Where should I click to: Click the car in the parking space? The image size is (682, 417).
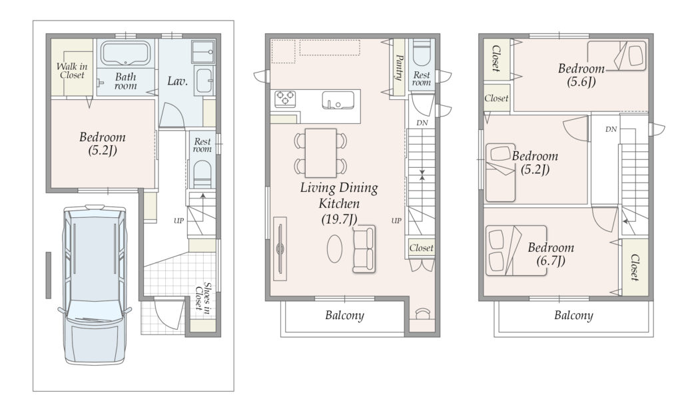pyautogui.click(x=95, y=285)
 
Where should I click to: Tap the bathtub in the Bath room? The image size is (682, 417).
pyautogui.click(x=125, y=53)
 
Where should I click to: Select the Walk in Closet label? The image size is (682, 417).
pyautogui.click(x=72, y=71)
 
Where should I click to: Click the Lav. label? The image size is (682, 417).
pyautogui.click(x=177, y=81)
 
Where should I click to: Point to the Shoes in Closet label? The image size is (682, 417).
pyautogui.click(x=203, y=297)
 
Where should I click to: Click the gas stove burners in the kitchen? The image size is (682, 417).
pyautogui.click(x=285, y=99)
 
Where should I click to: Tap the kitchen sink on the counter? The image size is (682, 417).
pyautogui.click(x=338, y=101)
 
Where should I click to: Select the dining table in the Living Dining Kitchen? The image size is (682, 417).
pyautogui.click(x=321, y=153)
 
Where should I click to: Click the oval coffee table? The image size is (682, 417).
pyautogui.click(x=334, y=248)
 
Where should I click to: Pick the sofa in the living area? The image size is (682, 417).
pyautogui.click(x=364, y=249)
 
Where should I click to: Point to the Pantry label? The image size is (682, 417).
pyautogui.click(x=399, y=67)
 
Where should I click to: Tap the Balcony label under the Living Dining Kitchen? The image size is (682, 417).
pyautogui.click(x=344, y=315)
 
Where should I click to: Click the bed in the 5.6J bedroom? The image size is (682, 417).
pyautogui.click(x=617, y=56)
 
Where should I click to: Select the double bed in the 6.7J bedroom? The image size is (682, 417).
pyautogui.click(x=516, y=250)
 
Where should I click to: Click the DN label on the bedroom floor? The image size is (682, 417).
pyautogui.click(x=611, y=129)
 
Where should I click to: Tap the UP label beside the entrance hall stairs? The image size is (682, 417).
pyautogui.click(x=178, y=220)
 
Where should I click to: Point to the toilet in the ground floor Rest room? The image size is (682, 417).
pyautogui.click(x=202, y=173)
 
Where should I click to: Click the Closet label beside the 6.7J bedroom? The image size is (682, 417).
pyautogui.click(x=634, y=267)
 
